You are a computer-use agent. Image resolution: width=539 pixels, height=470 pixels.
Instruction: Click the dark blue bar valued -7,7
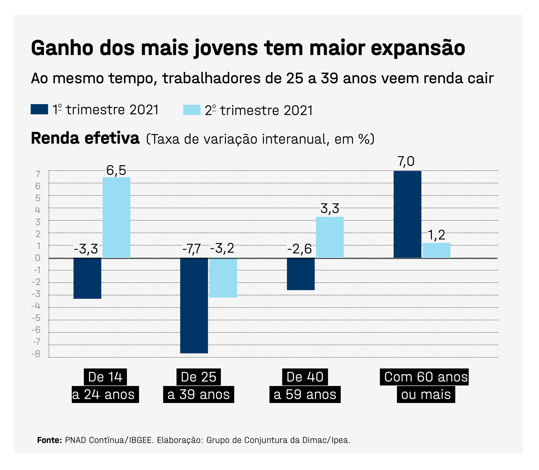point(194,305)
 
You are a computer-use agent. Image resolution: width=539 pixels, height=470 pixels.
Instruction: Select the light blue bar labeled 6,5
point(116,217)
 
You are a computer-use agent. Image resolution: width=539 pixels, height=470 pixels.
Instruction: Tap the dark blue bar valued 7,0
point(408,214)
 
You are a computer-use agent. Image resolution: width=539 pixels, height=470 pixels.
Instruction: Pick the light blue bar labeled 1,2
point(437,250)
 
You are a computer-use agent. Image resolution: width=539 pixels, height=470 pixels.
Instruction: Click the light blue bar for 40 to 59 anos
point(330,237)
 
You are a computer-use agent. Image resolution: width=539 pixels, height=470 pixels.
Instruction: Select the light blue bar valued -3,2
point(223,278)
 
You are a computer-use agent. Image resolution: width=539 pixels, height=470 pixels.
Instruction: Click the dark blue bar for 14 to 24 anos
point(87,278)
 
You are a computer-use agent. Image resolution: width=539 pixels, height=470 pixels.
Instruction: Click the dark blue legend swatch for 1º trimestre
point(39,109)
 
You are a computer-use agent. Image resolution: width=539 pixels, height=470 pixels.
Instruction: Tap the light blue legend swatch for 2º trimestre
point(192,110)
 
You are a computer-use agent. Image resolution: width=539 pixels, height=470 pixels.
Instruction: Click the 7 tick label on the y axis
point(38,174)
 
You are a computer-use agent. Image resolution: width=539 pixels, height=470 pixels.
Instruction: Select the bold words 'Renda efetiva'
point(85,138)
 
